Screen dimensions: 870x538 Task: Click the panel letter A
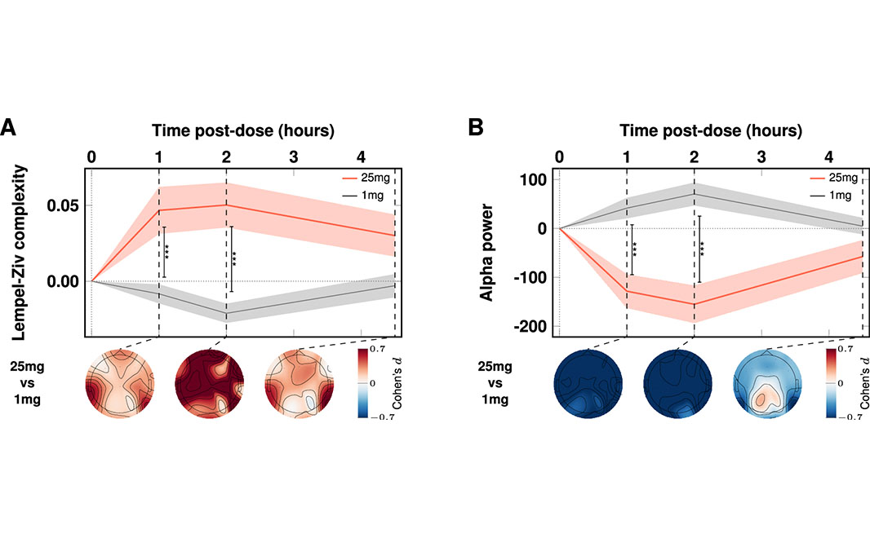click(8, 127)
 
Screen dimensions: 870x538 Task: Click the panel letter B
click(476, 127)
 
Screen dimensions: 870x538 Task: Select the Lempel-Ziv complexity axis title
click(19, 252)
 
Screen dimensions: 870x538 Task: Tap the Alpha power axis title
click(486, 253)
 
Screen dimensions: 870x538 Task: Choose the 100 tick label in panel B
click(533, 180)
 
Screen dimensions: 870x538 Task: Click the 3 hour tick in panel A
click(294, 157)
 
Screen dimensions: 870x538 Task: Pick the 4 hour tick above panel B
click(829, 157)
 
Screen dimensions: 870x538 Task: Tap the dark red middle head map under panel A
click(210, 384)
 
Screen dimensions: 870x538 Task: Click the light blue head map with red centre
click(767, 384)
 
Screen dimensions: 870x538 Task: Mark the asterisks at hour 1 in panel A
click(167, 252)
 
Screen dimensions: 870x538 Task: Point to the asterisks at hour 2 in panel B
click(703, 249)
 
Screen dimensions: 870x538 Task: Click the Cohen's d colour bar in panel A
click(363, 383)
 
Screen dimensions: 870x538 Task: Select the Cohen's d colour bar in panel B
click(831, 383)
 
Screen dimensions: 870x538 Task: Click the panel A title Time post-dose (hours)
click(243, 130)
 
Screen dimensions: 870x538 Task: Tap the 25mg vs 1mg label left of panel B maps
click(495, 383)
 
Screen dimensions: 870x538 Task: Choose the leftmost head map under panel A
click(120, 384)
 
